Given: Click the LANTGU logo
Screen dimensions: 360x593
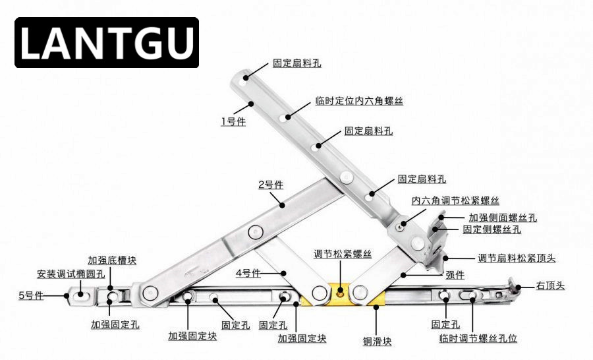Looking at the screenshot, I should [106, 43].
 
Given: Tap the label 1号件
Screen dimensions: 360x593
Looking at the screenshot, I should [233, 121].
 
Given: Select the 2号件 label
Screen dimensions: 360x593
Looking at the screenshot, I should [270, 185].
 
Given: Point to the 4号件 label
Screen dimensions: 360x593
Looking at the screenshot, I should [248, 272].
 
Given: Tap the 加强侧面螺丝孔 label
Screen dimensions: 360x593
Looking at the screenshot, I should [503, 217].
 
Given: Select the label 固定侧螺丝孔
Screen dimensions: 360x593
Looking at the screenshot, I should [492, 229].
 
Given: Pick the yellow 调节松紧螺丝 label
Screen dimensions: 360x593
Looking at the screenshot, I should [343, 255].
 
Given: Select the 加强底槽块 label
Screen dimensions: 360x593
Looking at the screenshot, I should [112, 260].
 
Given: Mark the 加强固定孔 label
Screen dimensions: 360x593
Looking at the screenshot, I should [115, 324].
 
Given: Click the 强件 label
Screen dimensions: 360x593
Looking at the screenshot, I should [455, 274].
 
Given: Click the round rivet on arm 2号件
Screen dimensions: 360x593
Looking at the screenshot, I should [255, 231].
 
